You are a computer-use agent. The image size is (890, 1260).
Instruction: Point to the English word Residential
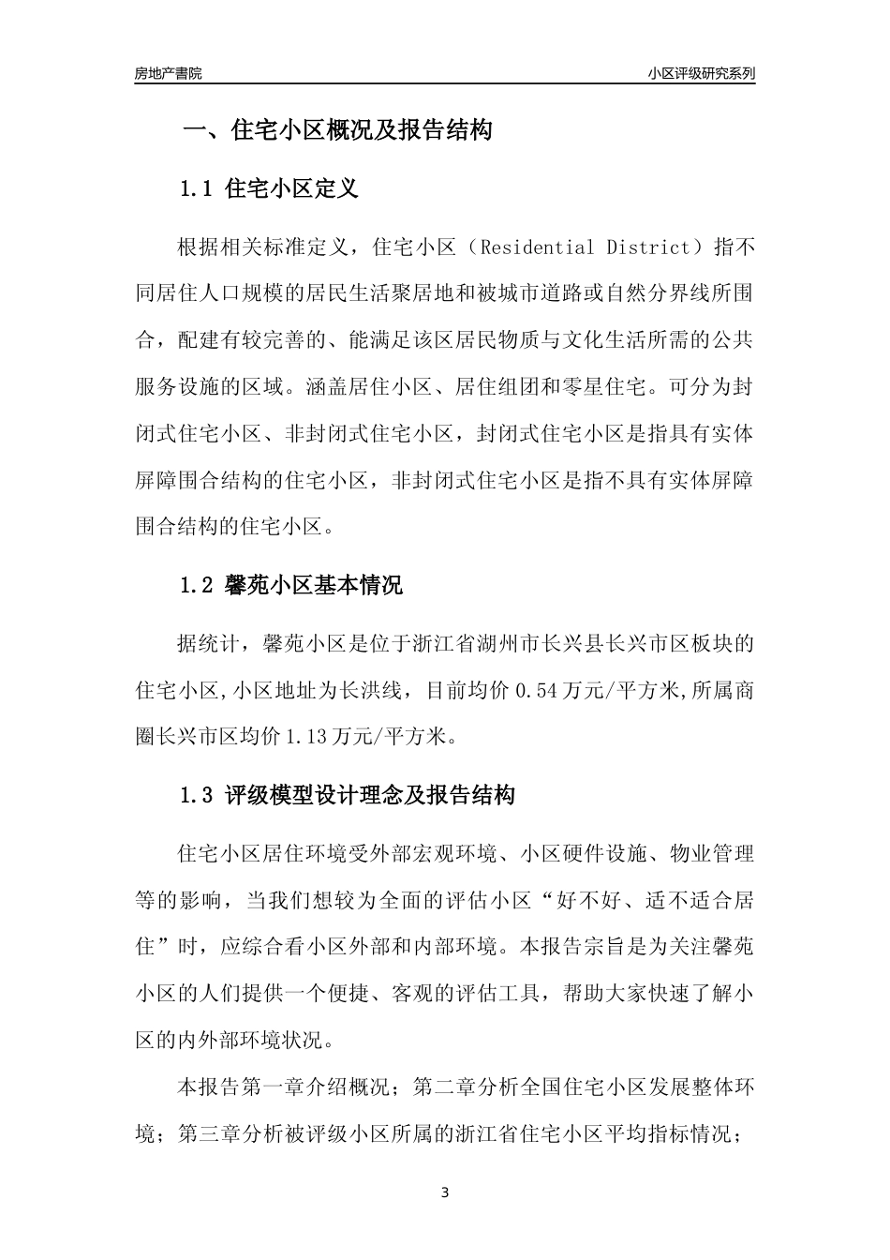533,248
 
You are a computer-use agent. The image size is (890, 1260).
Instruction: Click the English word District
646,248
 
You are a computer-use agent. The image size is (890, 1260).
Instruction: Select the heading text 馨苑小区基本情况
315,587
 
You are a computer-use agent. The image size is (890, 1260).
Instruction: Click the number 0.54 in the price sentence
530,691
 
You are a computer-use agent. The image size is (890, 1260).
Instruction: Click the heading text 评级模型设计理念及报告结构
371,796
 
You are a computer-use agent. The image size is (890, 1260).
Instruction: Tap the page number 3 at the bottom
445,1193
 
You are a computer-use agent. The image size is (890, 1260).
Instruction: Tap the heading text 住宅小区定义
292,189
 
